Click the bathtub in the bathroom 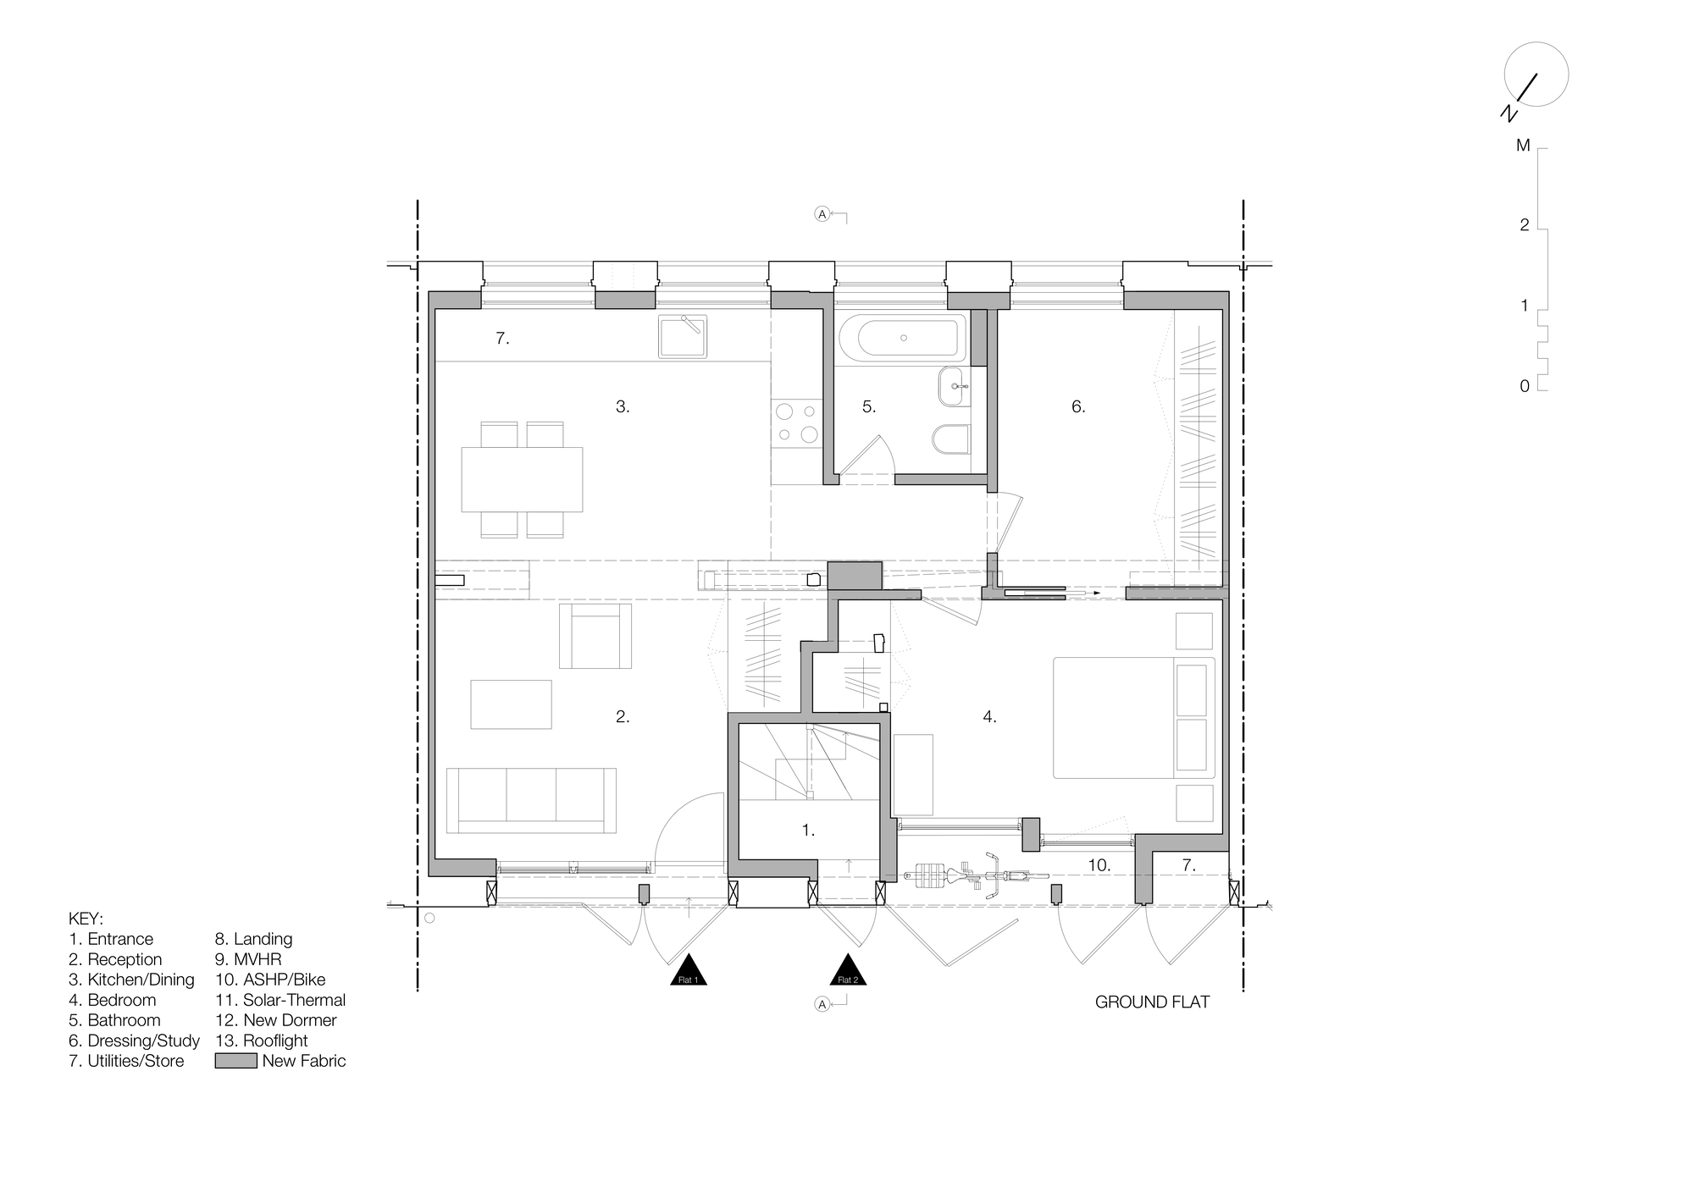[903, 338]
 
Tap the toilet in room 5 [952, 439]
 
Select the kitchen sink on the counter [682, 336]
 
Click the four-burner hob [797, 422]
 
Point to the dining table [522, 479]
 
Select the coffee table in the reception [511, 704]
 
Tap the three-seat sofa [531, 799]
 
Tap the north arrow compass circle [1536, 75]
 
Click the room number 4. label [989, 717]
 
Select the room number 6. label [1077, 407]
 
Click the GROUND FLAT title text [1152, 1002]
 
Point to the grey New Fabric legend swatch [235, 1061]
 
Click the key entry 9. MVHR [247, 959]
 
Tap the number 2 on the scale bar [1525, 225]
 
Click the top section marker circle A [822, 214]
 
